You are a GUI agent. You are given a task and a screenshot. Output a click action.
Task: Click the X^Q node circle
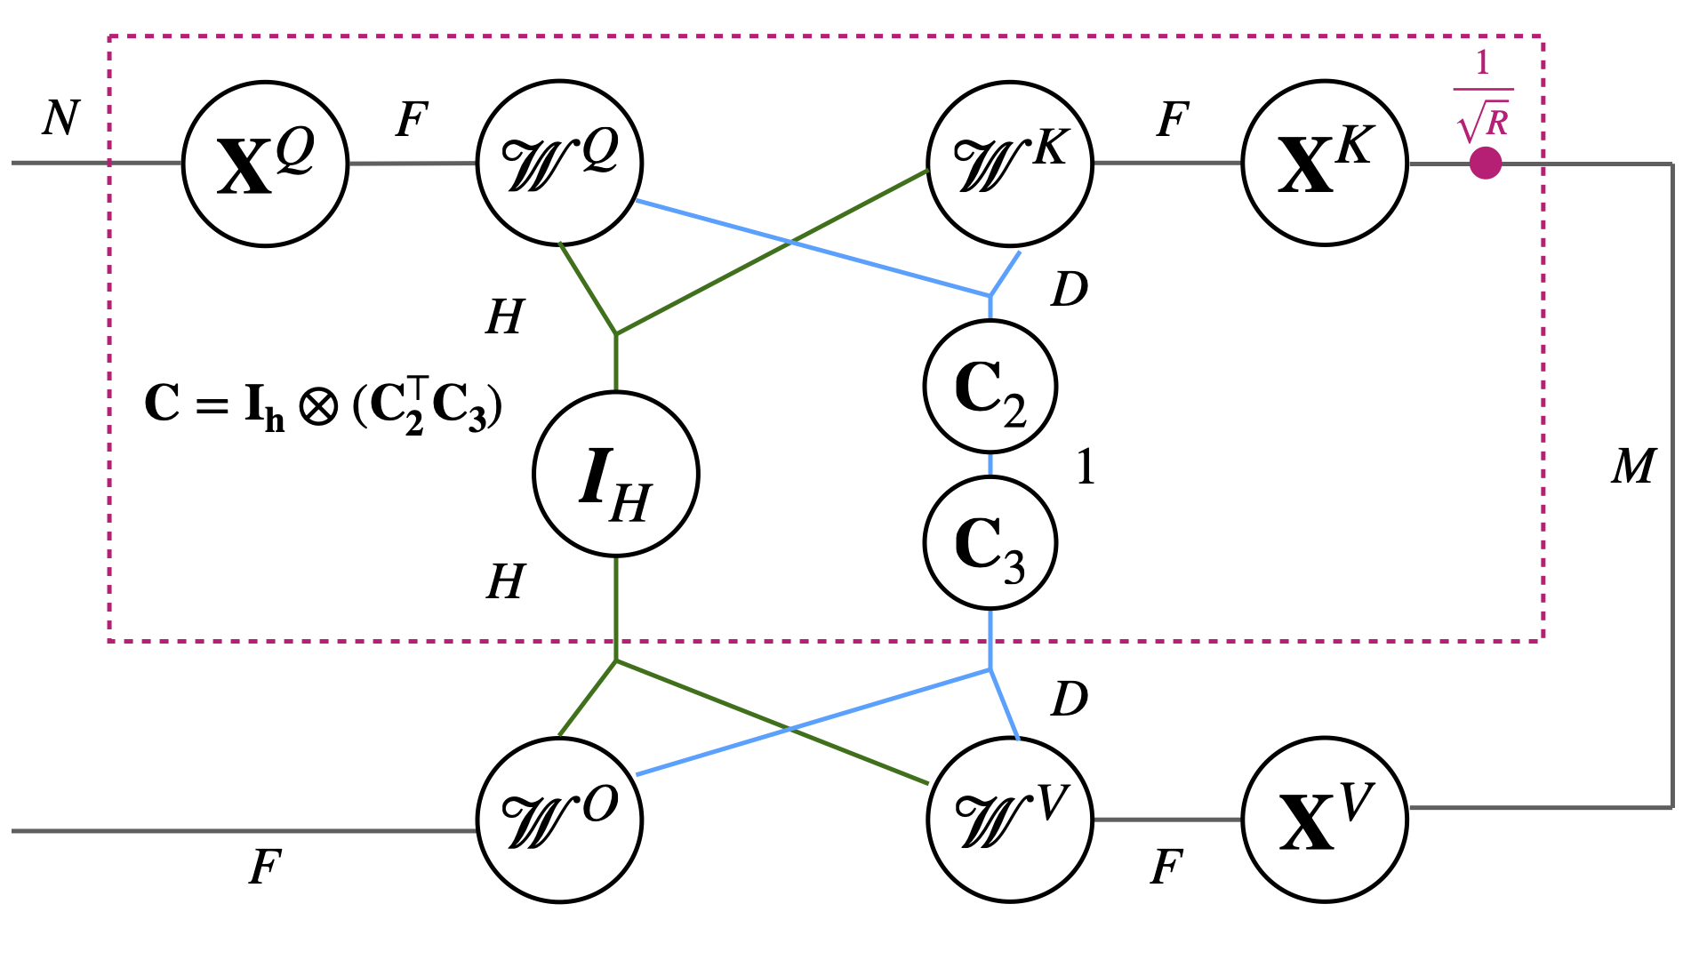[265, 164]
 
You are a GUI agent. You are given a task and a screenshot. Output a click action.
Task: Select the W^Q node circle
[559, 163]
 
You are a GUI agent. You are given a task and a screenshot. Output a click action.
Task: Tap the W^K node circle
[1009, 163]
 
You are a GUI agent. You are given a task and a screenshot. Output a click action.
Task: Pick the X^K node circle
[1325, 163]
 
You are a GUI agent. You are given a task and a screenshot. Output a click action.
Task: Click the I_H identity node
[615, 474]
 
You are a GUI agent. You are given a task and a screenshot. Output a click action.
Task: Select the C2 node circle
[990, 387]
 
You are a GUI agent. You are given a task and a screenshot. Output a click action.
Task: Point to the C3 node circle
[990, 542]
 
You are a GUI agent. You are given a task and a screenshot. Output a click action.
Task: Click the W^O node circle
[559, 819]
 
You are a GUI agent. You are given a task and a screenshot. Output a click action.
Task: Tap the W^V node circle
[1009, 819]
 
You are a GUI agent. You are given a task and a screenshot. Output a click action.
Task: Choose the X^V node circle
[1325, 819]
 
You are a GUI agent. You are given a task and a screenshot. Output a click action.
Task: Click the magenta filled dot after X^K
[1485, 164]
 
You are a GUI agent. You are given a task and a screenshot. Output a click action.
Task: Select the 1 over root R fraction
[1483, 96]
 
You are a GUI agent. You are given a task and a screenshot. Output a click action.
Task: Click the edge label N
[60, 117]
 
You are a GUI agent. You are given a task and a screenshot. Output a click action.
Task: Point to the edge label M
[1633, 466]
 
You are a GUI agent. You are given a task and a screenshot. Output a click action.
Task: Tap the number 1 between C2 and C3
[1085, 467]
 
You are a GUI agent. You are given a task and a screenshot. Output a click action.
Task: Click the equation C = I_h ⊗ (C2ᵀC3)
[323, 405]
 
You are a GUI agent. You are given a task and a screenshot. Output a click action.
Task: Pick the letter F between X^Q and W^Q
[412, 119]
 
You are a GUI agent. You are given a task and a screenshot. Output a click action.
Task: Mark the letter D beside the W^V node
[1069, 700]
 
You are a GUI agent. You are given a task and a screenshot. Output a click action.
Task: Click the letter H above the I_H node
[505, 316]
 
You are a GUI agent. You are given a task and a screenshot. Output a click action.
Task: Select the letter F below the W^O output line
[265, 867]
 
